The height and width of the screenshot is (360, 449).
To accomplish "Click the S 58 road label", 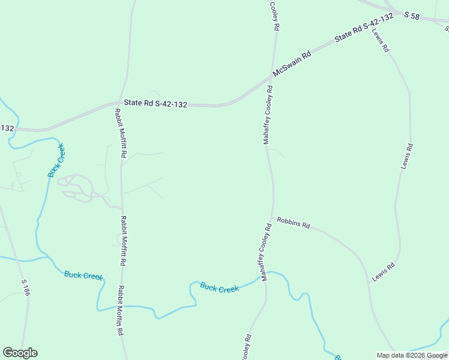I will point(411,15).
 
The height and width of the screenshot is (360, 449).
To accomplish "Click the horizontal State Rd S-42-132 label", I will point(155,104).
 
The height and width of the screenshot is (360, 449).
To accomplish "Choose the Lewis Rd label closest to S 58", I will point(380,40).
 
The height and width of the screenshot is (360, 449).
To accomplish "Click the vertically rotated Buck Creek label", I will point(56,160).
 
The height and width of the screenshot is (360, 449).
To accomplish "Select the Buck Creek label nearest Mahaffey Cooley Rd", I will point(220,288).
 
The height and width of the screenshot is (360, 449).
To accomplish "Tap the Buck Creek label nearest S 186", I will point(83,275).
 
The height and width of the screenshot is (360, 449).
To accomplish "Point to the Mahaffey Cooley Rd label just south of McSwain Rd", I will point(268,115).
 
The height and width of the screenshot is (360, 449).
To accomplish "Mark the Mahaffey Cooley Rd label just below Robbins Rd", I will point(265,252).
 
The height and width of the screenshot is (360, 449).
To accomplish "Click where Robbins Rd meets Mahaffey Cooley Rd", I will point(273,218).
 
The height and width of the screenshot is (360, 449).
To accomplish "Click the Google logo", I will point(20,353).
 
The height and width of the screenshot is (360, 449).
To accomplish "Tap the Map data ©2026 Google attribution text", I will point(412,355).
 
